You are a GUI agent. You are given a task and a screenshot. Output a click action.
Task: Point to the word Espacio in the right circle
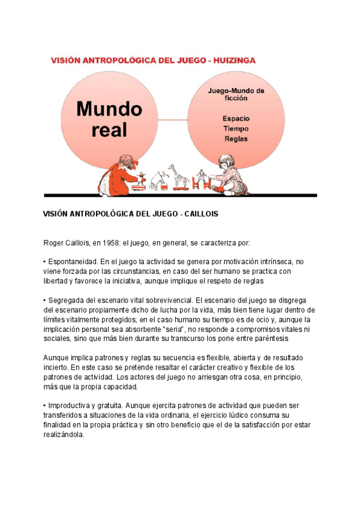tap(236, 118)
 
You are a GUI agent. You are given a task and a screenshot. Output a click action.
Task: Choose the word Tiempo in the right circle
tap(236, 128)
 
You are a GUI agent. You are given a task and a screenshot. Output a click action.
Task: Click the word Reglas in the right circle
tap(236, 139)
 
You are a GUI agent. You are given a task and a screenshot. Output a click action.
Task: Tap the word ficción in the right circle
tap(236, 100)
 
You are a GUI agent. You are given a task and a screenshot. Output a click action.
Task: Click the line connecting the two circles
tap(173, 119)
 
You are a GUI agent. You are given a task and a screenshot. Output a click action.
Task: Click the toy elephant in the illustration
tap(160, 179)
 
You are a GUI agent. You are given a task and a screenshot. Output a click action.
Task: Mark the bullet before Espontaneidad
tap(45, 262)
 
